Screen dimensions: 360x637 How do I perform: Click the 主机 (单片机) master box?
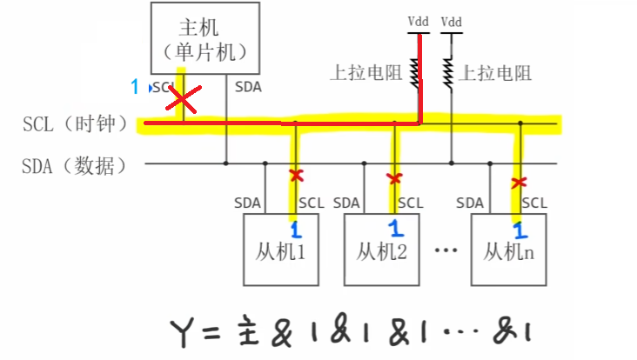(x=205, y=37)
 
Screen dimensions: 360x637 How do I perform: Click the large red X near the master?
(x=182, y=100)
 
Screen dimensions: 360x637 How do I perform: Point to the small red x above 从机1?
(x=296, y=176)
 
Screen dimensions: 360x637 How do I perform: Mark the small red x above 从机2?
(x=395, y=178)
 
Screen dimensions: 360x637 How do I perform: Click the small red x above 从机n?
(x=520, y=183)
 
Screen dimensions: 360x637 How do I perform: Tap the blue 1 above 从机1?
(x=294, y=230)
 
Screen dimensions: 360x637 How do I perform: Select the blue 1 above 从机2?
(x=394, y=230)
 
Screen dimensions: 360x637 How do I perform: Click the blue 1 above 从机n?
(x=520, y=231)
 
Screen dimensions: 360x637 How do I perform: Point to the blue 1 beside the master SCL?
(x=135, y=86)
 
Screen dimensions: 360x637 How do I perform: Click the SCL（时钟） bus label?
(x=75, y=124)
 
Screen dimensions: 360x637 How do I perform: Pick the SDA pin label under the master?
(x=248, y=87)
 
